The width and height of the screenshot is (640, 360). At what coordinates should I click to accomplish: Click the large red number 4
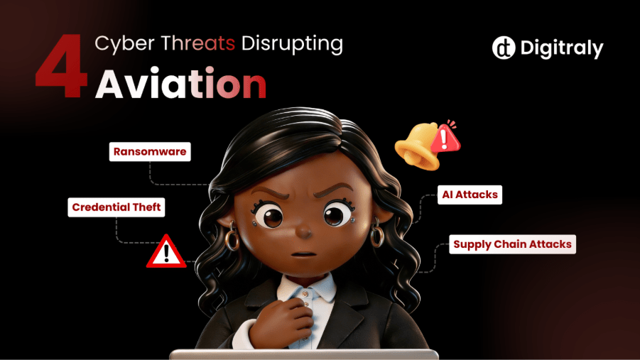[x=60, y=67]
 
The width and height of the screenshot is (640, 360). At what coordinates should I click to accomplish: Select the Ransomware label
[x=151, y=151]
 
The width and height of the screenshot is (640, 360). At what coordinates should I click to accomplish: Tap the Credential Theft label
[x=116, y=207]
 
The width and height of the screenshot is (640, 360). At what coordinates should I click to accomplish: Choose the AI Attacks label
[x=470, y=195]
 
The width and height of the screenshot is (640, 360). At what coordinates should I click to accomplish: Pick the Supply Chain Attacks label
[x=511, y=244]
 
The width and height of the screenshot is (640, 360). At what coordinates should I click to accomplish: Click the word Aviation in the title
[x=180, y=84]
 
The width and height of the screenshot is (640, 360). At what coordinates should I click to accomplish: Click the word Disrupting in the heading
[x=292, y=45]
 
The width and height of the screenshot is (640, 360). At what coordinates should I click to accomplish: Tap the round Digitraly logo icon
[x=504, y=48]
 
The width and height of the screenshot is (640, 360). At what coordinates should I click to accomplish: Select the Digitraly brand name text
[x=562, y=48]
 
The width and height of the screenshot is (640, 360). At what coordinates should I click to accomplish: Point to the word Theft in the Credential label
[x=145, y=207]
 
